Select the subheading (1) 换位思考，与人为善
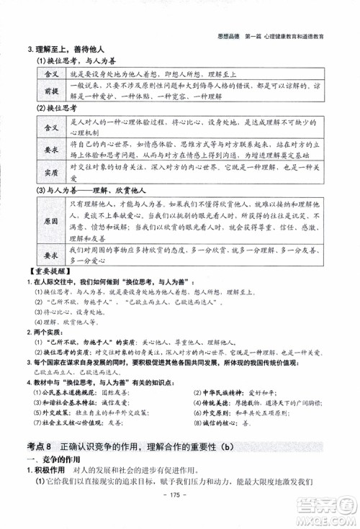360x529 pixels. (x=73, y=62)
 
